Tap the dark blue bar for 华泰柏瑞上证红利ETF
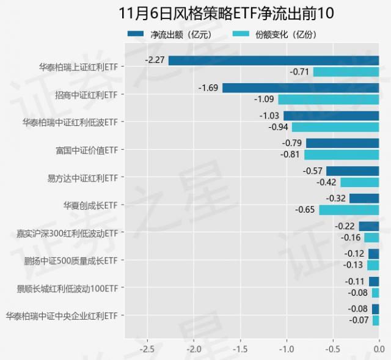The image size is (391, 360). tap(274, 61)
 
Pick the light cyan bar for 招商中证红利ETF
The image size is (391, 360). tap(329, 99)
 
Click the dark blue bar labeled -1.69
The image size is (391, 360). tap(301, 88)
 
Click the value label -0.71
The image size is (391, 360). tap(300, 72)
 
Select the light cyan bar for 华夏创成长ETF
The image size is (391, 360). tap(349, 210)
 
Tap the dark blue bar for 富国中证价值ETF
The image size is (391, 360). tap(342, 143)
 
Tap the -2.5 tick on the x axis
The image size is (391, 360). tap(147, 350)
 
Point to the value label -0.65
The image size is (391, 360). tap(305, 210)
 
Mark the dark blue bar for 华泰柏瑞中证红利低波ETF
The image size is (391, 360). tap(331, 116)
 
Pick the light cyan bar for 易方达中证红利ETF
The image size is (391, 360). tap(359, 182)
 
